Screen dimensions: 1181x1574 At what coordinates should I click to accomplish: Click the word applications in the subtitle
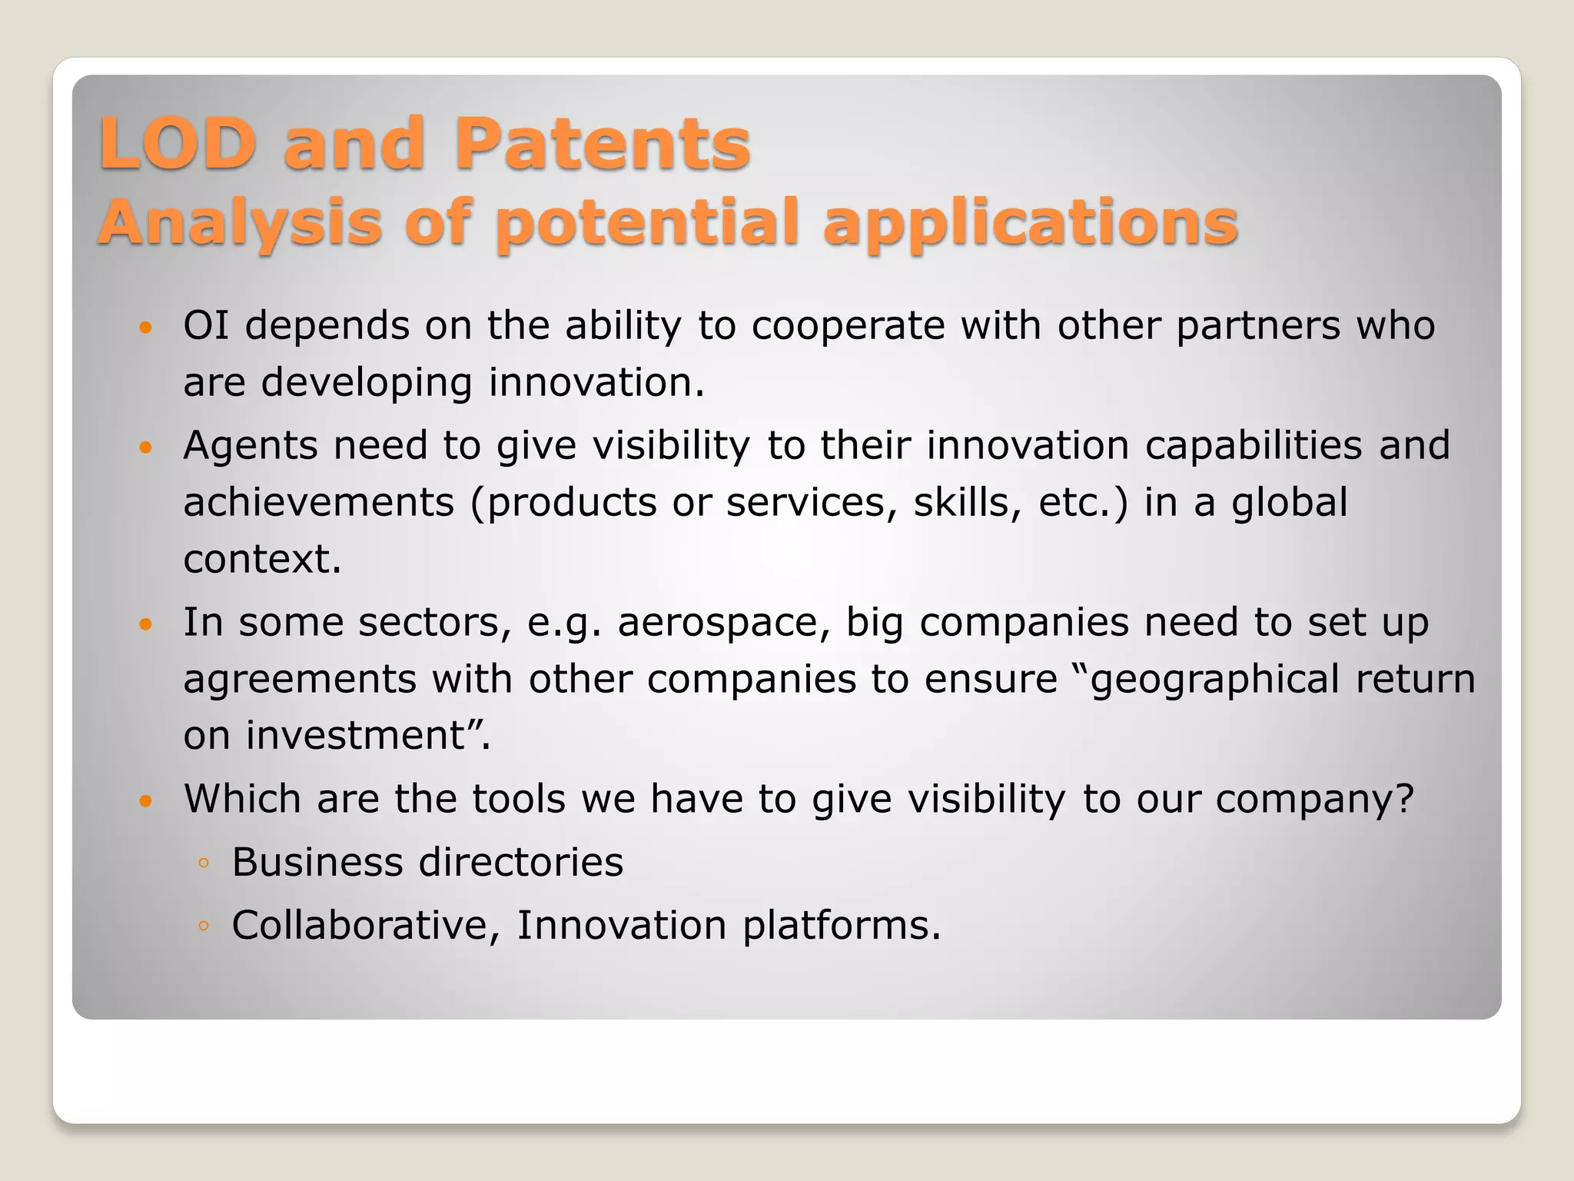(x=1030, y=223)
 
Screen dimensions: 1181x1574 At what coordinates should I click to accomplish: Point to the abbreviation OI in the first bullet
(x=206, y=325)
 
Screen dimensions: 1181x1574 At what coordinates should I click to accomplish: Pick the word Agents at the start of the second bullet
(x=250, y=447)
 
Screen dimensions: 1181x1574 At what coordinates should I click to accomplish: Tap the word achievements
(x=319, y=503)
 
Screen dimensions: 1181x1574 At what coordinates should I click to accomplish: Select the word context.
(x=262, y=559)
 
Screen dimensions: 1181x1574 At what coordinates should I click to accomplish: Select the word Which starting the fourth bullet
(x=242, y=798)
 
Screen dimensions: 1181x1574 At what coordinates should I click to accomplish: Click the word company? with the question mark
(x=1314, y=800)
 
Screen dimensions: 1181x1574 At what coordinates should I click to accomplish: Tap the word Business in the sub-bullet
(x=317, y=862)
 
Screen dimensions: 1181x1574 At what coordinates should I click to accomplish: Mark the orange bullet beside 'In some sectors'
(x=146, y=624)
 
